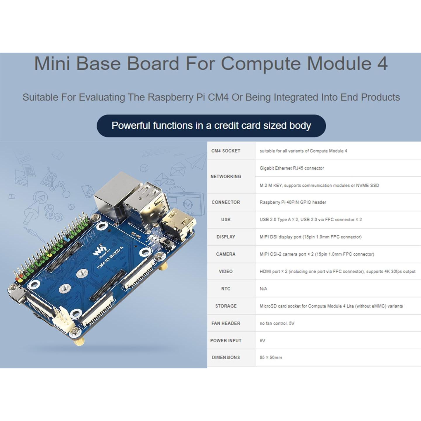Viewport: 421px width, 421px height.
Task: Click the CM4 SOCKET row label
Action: point(226,151)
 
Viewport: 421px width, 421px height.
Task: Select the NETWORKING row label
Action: point(226,177)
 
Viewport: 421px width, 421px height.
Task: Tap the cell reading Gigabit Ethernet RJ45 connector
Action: point(291,168)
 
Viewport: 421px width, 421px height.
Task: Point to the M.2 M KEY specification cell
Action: point(319,185)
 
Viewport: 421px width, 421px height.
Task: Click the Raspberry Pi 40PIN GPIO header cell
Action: point(293,202)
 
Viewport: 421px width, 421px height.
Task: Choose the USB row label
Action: point(226,220)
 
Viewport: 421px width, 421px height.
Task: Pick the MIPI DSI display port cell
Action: point(310,237)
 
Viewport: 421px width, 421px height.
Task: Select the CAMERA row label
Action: point(226,254)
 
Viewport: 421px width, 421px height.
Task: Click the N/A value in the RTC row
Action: point(263,289)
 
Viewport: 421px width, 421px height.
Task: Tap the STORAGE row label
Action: point(226,306)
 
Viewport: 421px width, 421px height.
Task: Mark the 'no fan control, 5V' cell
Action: point(277,323)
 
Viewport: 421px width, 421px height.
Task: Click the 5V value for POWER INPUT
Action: point(262,341)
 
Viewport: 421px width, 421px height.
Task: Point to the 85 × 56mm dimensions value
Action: point(270,358)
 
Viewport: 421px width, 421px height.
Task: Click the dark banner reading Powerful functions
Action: point(211,126)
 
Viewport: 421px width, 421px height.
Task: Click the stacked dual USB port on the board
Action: point(146,205)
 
